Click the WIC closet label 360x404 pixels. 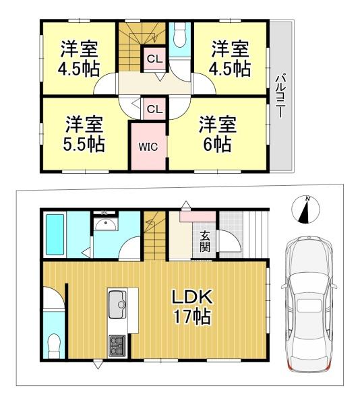148,147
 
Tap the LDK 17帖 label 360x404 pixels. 192,307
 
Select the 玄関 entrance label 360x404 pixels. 205,242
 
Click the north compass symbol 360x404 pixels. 305,209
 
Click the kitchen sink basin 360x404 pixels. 117,304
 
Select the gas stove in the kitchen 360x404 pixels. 117,345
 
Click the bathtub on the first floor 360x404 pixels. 55,235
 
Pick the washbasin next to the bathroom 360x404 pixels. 106,224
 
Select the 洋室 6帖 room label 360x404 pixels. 217,134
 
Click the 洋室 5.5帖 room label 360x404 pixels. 84,134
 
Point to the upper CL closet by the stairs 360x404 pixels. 154,59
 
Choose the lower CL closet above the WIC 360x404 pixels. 154,109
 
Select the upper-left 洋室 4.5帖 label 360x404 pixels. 79,59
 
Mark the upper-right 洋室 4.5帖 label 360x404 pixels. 230,59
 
